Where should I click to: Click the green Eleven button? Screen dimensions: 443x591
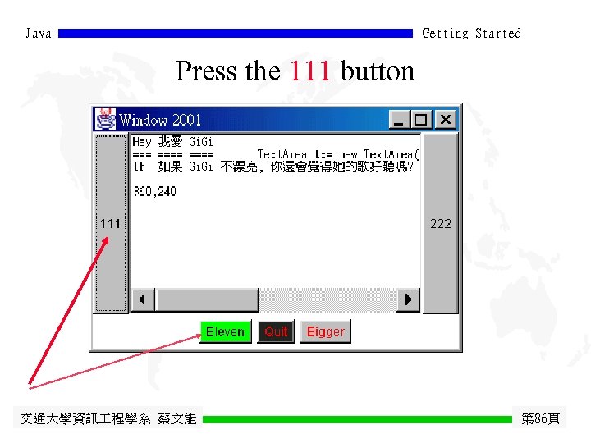[225, 331]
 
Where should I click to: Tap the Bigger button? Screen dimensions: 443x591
[325, 331]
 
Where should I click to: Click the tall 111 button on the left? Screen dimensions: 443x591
[111, 223]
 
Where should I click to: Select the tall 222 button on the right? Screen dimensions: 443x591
[441, 223]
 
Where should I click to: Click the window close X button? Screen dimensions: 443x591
[445, 120]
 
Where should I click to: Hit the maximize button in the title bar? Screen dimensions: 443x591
[420, 120]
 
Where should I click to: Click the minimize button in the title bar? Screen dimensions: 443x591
[400, 120]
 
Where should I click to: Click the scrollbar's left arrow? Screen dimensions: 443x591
[144, 300]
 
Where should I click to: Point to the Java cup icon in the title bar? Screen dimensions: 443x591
[105, 119]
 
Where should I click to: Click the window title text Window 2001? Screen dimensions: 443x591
[160, 120]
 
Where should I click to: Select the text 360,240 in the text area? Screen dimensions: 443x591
[154, 191]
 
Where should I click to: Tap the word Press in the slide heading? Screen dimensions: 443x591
[207, 71]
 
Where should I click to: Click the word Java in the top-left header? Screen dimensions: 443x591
[39, 34]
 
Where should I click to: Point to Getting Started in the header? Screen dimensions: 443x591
[471, 34]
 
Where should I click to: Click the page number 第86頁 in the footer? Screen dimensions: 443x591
[540, 419]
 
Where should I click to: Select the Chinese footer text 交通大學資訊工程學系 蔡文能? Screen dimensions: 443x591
[108, 419]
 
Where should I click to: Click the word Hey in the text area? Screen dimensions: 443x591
[142, 142]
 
